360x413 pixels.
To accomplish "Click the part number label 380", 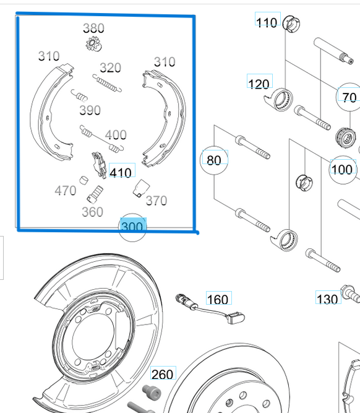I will coord(93,28).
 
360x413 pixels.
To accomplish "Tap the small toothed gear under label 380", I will coord(93,44).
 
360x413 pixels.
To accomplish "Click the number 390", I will coord(90,110).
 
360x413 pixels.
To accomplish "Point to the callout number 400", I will coord(116,134).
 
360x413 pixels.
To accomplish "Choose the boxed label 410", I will coord(121,172).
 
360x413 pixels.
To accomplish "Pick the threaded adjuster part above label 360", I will coord(95,194).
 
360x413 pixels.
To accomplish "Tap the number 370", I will coord(156,201).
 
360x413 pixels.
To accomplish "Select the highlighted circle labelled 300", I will coord(132,226).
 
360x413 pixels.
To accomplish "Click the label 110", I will coord(267,22).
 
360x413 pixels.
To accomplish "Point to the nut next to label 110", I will coord(291,25).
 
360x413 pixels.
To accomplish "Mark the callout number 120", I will coord(259,84).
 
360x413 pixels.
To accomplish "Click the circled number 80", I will coord(213,160).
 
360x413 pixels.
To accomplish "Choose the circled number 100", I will coord(341,169).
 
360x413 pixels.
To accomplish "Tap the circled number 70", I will coord(349,97).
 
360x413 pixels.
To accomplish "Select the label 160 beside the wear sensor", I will coord(218,300).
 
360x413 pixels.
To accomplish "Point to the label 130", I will coord(327,299).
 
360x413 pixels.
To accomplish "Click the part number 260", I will coord(163,374).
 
